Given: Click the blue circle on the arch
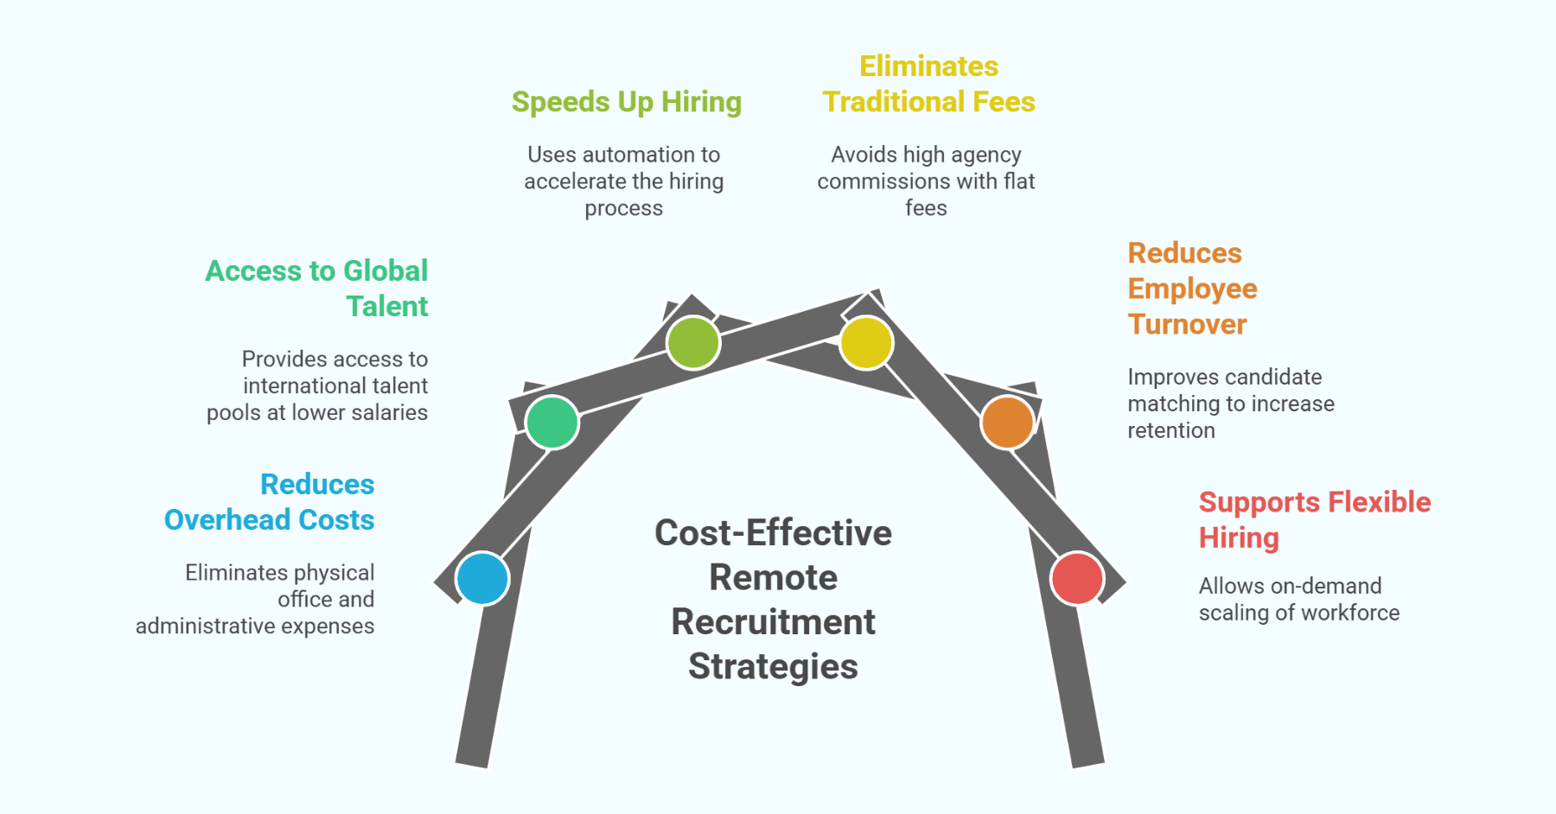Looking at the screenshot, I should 482,578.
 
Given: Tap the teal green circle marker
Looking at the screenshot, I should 552,423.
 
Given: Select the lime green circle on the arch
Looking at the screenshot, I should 693,342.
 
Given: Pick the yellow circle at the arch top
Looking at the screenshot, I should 866,342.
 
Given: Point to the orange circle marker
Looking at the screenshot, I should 1007,423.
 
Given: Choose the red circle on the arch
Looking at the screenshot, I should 1077,578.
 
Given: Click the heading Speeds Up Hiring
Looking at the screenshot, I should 627,102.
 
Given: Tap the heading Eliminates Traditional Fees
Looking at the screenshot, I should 928,85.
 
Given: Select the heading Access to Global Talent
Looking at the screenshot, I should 316,289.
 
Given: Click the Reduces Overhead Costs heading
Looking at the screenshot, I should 270,502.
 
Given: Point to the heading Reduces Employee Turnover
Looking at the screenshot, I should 1192,289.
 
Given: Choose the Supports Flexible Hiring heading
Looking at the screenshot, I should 1314,519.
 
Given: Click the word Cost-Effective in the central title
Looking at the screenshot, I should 773,533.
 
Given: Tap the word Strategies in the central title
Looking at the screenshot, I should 773,667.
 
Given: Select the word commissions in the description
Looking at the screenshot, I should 883,181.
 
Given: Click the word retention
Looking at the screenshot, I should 1171,430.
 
